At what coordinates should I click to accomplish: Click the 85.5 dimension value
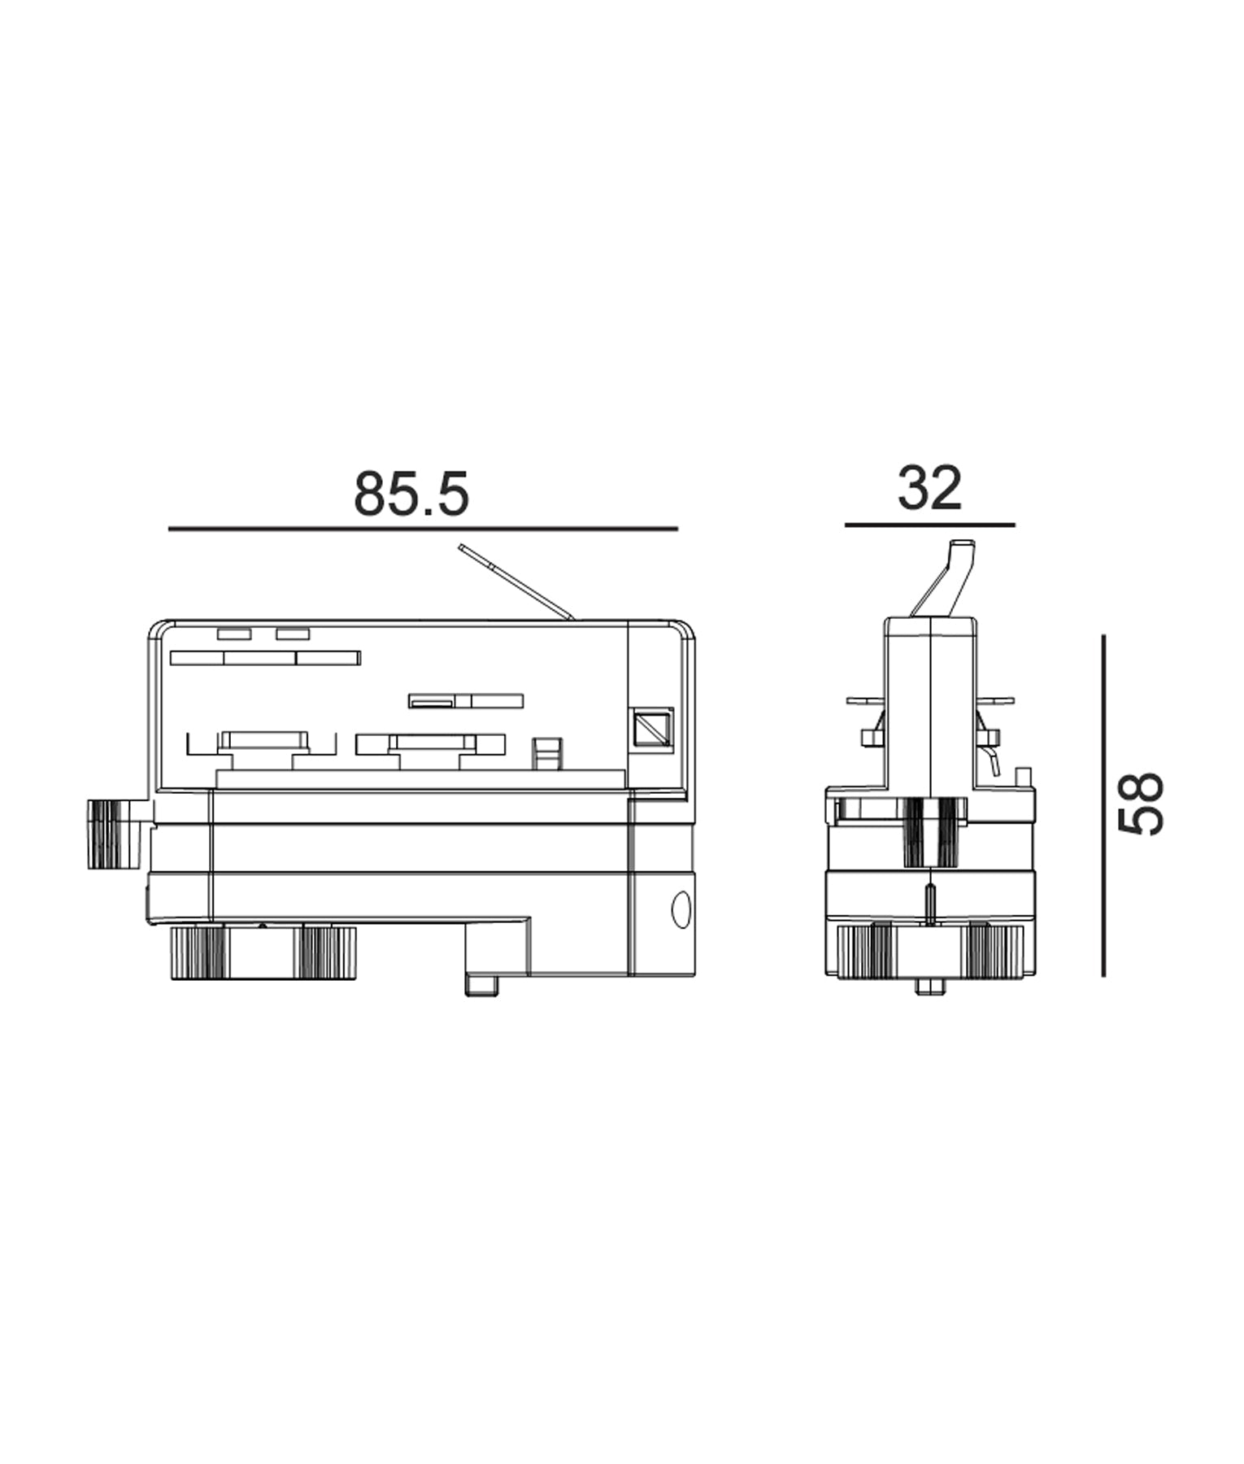[411, 494]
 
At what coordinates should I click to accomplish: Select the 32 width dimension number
[929, 489]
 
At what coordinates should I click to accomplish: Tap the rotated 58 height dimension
[1142, 804]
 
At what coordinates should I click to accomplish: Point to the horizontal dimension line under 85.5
[423, 529]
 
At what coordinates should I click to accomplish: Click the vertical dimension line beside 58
[1103, 805]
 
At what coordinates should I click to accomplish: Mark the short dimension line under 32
[929, 525]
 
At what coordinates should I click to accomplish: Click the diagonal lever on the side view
[516, 582]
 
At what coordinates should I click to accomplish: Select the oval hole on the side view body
[681, 909]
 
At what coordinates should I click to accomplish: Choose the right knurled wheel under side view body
[328, 952]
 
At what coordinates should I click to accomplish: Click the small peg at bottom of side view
[481, 986]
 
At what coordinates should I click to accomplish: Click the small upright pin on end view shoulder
[1024, 777]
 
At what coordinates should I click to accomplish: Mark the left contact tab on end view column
[870, 736]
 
